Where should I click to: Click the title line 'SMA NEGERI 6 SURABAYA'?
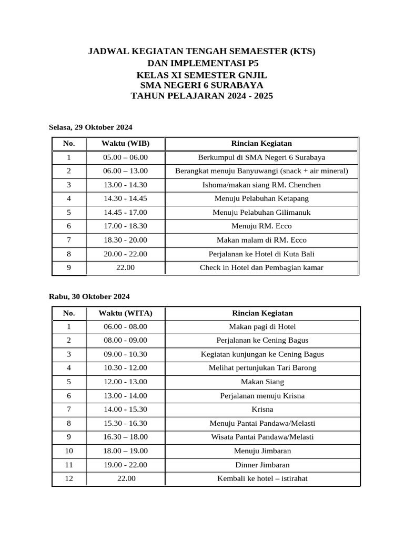point(201,85)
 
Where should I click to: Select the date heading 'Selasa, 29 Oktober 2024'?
point(90,127)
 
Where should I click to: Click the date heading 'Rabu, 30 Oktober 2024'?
point(89,297)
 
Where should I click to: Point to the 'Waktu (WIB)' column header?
point(125,144)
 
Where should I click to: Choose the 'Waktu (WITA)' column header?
point(125,313)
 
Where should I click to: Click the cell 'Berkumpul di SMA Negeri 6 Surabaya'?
point(261,157)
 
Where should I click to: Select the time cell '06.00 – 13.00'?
point(125,171)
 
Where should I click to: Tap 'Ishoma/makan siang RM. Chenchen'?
point(261,185)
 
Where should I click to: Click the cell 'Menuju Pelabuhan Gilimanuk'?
point(261,213)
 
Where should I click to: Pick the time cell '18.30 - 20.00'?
point(125,240)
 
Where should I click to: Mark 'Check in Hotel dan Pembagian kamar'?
point(261,267)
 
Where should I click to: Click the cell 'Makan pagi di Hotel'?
point(262,327)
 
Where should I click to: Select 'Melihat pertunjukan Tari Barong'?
point(262,368)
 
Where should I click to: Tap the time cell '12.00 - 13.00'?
point(125,382)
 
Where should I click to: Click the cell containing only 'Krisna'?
point(262,409)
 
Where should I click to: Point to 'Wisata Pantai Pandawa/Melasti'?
point(262,437)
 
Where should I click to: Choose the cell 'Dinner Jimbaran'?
point(262,465)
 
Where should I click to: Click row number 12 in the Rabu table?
point(69,478)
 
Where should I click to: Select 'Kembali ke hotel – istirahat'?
point(262,478)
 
